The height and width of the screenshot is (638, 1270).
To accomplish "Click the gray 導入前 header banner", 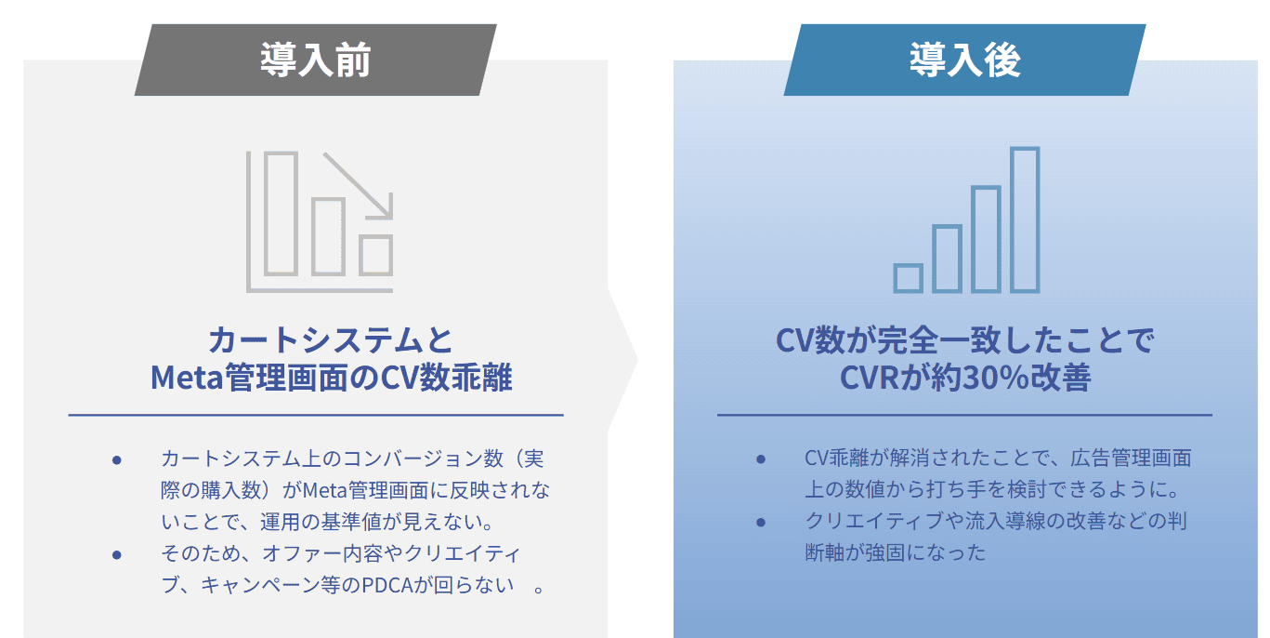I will pos(316,60).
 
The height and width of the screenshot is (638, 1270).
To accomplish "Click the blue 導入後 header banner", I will pos(964,60).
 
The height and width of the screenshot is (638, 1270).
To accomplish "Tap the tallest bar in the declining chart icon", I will pos(281,214).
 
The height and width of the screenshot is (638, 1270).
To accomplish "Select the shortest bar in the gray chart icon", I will pos(375,255).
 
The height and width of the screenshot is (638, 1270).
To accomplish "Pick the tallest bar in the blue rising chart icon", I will pos(1024,219).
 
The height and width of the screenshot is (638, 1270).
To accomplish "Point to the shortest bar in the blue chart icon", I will pos(908,278).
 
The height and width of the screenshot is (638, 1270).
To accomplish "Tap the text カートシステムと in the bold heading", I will pos(331,339).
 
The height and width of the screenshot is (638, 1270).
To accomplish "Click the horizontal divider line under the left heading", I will pos(316,415).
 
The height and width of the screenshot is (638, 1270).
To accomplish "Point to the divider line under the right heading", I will pos(964,415).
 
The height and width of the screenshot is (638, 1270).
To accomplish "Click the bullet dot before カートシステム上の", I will pos(117,459).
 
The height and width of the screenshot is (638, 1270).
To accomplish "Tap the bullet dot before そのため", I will pos(117,554).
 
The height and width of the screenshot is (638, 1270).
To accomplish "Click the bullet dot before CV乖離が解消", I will pos(761,459).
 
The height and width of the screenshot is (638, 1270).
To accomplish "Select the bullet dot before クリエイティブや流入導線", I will pos(761,522).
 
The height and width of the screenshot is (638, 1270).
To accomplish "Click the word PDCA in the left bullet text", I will pos(382,586).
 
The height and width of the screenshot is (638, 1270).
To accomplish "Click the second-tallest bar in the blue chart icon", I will pos(985,240).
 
